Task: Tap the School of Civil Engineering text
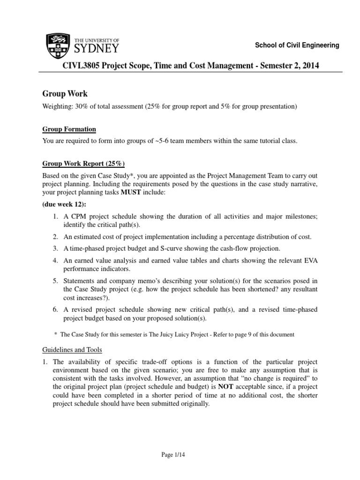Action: pyautogui.click(x=296, y=45)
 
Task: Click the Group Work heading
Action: pyautogui.click(x=65, y=94)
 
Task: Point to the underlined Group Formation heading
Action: pyautogui.click(x=69, y=129)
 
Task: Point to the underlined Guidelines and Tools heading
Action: pyautogui.click(x=72, y=350)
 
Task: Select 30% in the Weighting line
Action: pyautogui.click(x=84, y=107)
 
